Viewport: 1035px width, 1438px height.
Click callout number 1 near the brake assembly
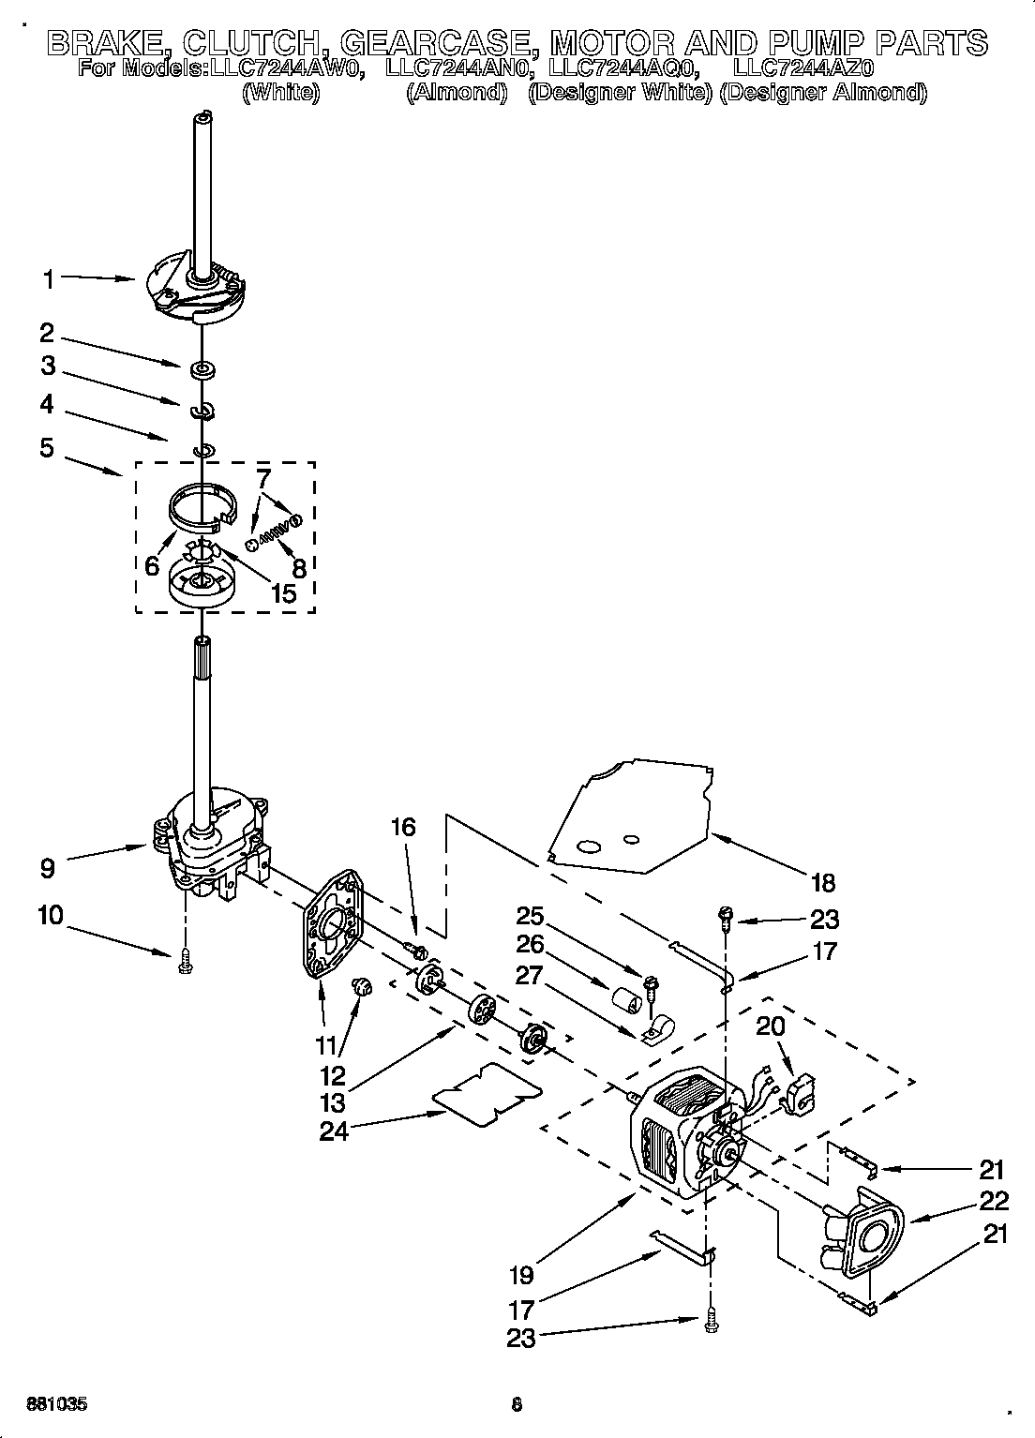[x=48, y=278]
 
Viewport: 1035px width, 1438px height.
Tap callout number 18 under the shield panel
[x=823, y=882]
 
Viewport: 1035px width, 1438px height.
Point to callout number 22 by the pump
[x=995, y=1201]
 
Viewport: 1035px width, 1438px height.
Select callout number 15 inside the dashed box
[x=282, y=592]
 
